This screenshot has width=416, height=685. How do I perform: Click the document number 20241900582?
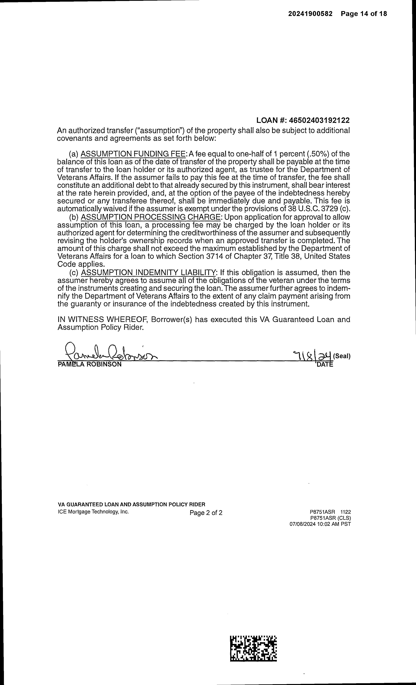[x=310, y=14]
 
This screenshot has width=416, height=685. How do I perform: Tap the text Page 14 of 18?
[x=364, y=14]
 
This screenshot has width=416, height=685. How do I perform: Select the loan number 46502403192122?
[x=319, y=120]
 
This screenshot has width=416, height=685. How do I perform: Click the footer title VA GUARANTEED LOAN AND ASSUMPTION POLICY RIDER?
[x=131, y=504]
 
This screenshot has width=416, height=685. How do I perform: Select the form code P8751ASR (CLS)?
[x=330, y=518]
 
